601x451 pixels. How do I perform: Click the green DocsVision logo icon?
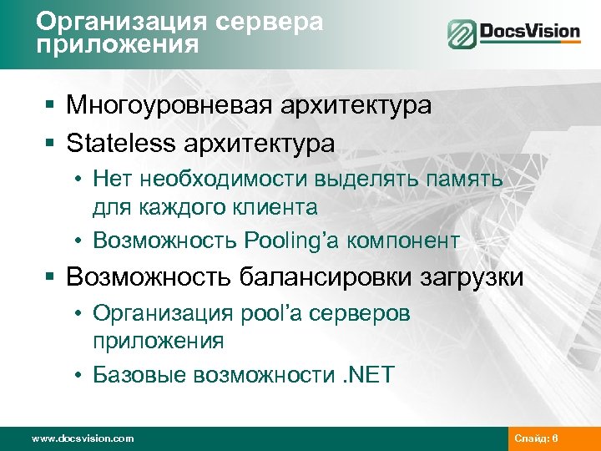point(462,34)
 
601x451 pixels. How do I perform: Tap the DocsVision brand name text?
point(528,33)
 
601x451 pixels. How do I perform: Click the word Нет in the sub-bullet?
point(110,178)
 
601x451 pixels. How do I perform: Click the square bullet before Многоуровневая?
point(52,106)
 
